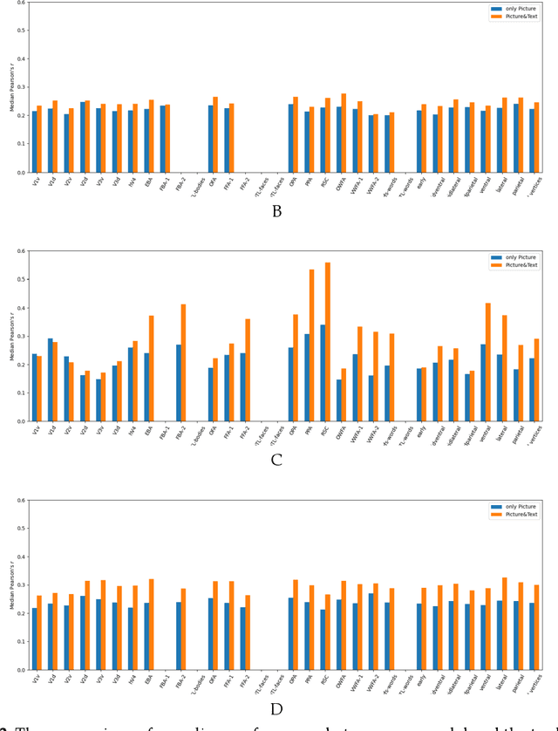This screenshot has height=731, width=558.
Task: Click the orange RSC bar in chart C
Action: coord(327,342)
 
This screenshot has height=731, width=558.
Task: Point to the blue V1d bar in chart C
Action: coord(51,379)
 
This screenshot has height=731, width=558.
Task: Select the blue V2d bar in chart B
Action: coord(83,137)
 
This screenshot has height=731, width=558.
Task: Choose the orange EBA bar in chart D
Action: coord(152,625)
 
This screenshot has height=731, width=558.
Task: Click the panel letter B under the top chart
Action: coord(276,211)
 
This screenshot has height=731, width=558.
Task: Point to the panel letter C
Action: coord(276,461)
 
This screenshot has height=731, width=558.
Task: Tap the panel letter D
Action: coord(276,709)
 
